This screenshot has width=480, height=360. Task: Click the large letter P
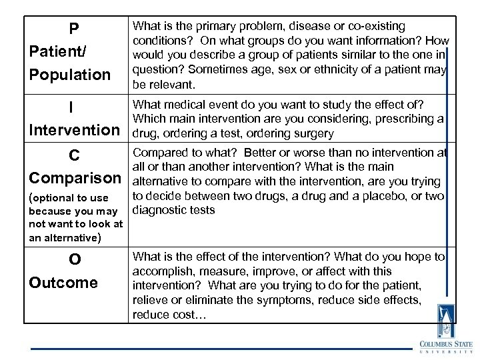(x=74, y=29)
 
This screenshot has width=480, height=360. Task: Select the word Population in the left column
(x=70, y=74)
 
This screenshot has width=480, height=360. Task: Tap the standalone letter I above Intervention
(x=71, y=107)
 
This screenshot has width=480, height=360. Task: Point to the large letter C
(x=75, y=155)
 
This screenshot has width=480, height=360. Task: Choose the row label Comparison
(x=73, y=178)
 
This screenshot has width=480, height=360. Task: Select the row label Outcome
(x=63, y=282)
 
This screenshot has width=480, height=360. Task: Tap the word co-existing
(x=375, y=27)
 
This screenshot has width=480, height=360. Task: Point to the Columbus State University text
(x=445, y=347)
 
